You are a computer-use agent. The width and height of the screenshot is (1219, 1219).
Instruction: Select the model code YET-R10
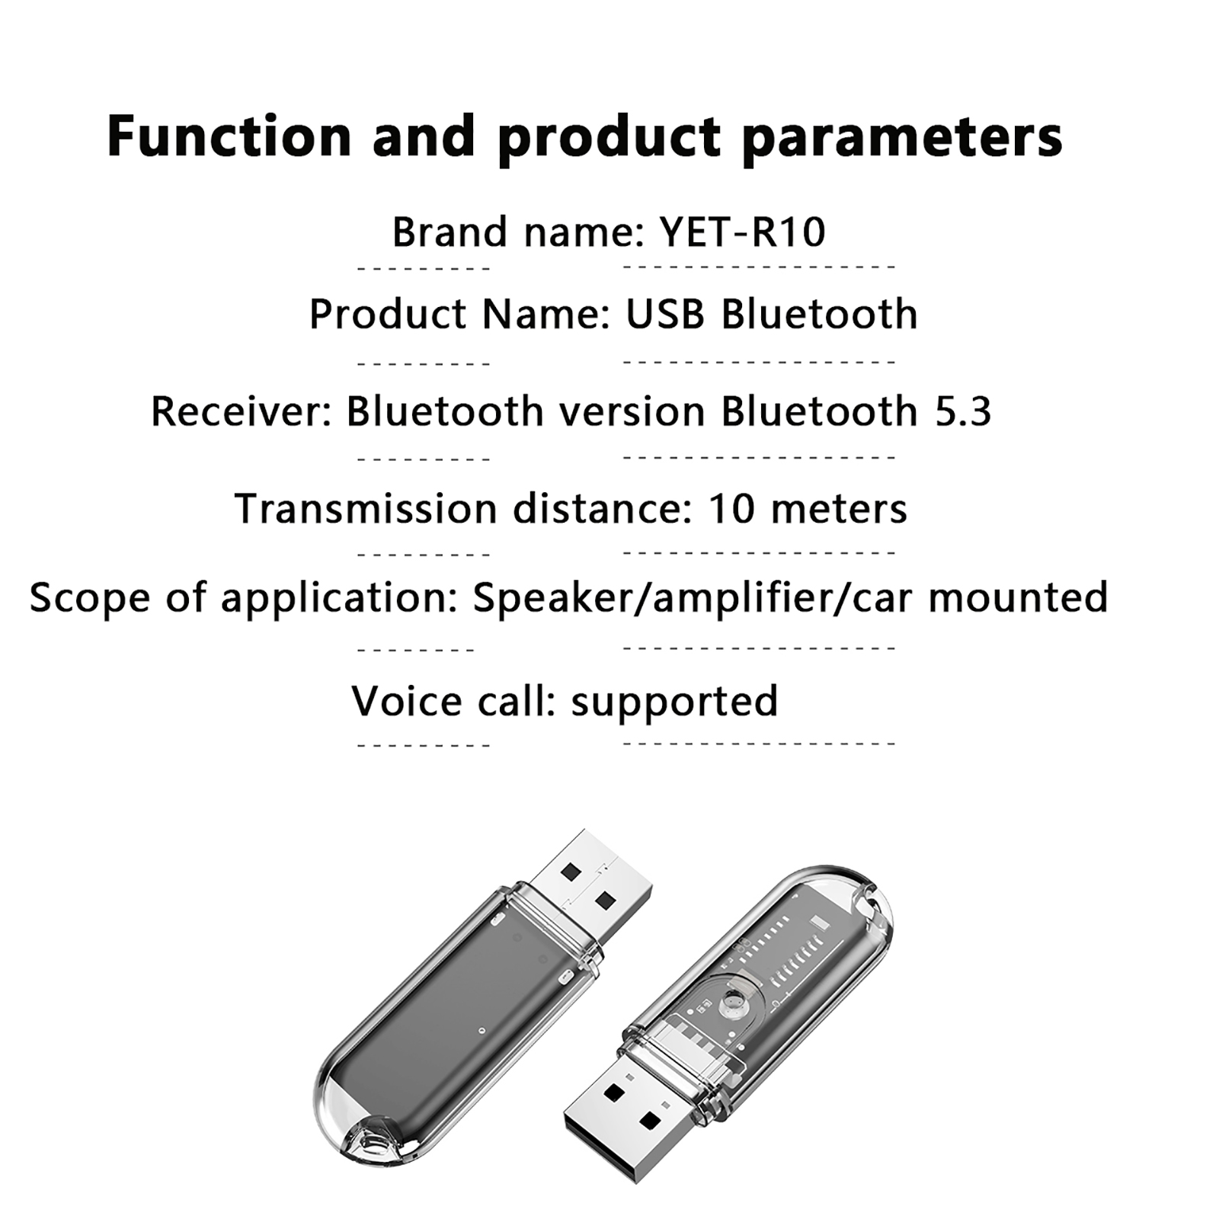pos(743,232)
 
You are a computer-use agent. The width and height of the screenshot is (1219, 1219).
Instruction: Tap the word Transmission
pos(366,508)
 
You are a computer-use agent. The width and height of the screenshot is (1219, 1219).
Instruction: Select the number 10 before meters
pos(731,508)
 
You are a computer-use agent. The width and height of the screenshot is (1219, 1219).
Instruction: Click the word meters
pos(839,509)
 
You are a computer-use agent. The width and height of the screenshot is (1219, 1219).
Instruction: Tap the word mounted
pos(1018,597)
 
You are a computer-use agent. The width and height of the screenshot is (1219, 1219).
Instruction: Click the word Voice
pos(406,700)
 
